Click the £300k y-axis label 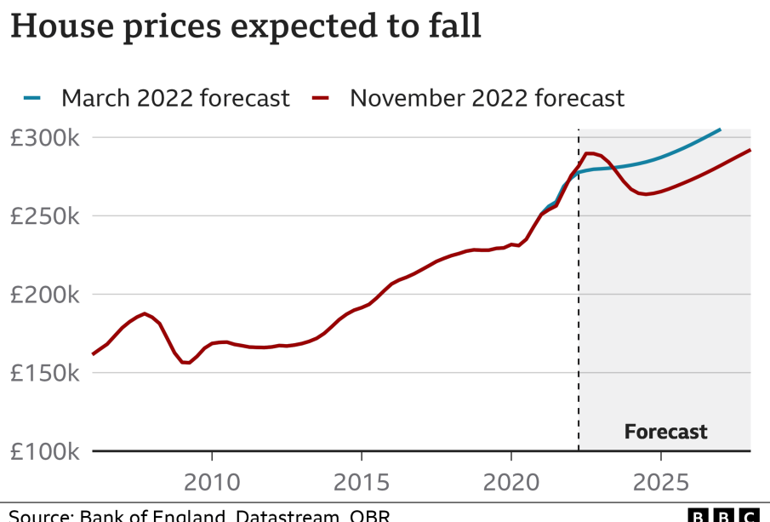(x=44, y=138)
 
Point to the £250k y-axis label (x=44, y=216)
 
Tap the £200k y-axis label (x=44, y=295)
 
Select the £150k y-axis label (x=44, y=373)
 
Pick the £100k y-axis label (x=44, y=451)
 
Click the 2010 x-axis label (x=212, y=482)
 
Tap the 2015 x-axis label (x=362, y=482)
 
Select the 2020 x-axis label (x=511, y=482)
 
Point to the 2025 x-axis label (x=661, y=482)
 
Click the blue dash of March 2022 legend (x=31, y=98)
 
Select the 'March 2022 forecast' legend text (x=175, y=98)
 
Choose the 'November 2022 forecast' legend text (x=487, y=98)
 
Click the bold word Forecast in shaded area (x=665, y=432)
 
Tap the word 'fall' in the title (x=453, y=26)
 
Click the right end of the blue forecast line (x=720, y=129)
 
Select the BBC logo (x=722, y=514)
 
